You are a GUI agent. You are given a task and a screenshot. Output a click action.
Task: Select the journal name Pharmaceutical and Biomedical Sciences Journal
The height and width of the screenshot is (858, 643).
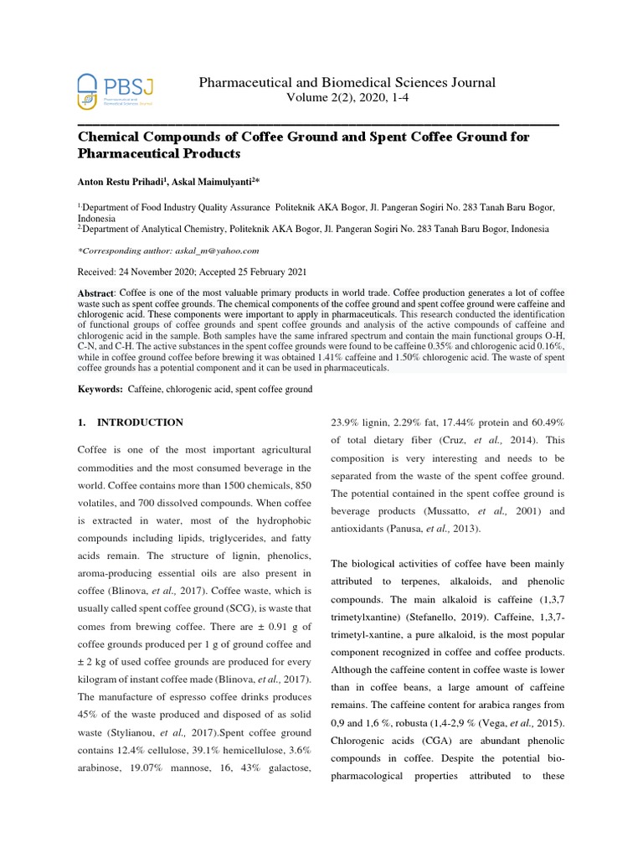[x=346, y=82]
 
